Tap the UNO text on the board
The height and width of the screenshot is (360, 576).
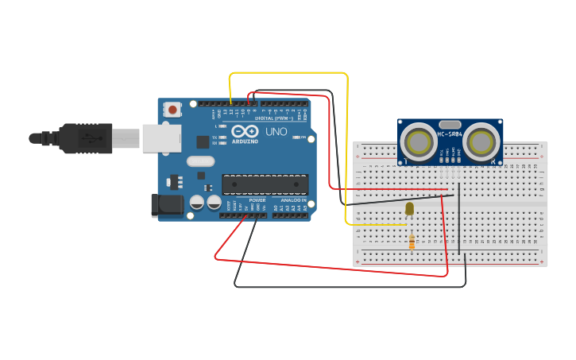(276, 131)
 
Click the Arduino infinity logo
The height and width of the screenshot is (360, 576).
(245, 131)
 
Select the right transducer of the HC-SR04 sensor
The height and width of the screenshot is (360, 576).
(481, 142)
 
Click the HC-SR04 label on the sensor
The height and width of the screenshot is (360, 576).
(450, 134)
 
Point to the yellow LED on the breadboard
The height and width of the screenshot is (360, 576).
(410, 209)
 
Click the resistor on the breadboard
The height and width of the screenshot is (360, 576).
(412, 241)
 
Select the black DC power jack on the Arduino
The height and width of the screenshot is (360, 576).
(168, 205)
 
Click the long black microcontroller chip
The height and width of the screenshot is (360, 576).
(265, 184)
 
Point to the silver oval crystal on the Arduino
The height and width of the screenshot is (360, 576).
(201, 161)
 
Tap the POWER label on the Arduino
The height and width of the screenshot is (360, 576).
(257, 200)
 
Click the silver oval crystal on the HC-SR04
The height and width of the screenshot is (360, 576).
(450, 124)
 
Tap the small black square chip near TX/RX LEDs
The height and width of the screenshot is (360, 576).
(203, 142)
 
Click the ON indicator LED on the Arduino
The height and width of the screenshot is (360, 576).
(296, 137)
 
